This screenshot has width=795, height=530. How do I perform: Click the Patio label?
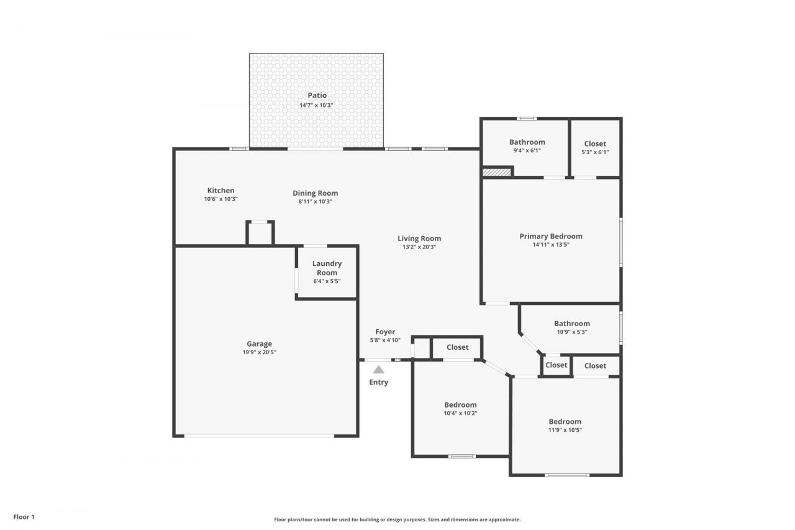pos(317,95)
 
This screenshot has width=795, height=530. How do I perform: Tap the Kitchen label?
pos(220,191)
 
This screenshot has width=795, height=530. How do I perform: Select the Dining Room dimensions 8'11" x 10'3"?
pos(316,201)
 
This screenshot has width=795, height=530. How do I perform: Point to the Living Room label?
pos(419,239)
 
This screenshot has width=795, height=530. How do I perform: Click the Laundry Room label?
pos(327,268)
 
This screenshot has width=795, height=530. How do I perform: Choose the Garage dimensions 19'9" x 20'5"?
pos(259,352)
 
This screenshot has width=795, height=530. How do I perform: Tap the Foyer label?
pos(385,332)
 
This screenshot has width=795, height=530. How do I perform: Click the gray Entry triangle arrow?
pos(378,369)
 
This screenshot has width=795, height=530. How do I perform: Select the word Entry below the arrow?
pos(378,382)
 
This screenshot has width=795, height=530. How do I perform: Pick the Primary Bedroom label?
pos(551,236)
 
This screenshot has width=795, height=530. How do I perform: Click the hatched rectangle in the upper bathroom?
pos(496,171)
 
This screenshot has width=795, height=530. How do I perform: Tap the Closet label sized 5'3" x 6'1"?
pos(595,144)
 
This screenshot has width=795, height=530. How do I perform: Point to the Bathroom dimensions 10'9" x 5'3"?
pos(571,332)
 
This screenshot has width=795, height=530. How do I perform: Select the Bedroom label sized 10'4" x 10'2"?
pos(460,405)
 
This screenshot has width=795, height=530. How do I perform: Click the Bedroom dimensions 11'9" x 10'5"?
pos(565,430)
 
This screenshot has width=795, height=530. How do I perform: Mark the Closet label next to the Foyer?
pos(458,347)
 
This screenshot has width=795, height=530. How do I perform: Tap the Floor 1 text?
pos(24,516)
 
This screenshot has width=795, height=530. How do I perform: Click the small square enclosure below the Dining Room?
pos(260,233)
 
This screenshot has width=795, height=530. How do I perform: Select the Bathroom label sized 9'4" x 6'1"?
pos(527,142)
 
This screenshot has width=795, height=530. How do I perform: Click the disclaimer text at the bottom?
pos(397,519)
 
